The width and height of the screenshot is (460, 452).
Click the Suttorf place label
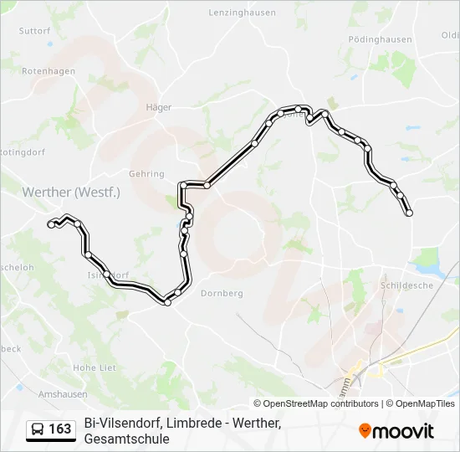pos(35,31)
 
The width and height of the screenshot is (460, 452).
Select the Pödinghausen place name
pos(380,39)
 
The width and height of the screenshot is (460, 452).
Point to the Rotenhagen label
pos(49,72)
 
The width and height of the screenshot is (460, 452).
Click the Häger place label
pos(158,107)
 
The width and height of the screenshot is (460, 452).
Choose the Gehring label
pos(146,173)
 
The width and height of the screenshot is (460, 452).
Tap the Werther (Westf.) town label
pos(72,192)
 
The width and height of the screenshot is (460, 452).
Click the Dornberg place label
pos(221,294)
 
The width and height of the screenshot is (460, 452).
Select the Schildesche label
pos(407,285)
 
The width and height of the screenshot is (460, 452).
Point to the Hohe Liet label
pos(95,367)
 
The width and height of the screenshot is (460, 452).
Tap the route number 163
pos(60,429)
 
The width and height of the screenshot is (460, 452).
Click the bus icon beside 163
pos(38,429)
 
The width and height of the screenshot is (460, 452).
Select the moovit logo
pos(396,431)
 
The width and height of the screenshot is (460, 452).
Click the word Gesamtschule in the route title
pos(126,439)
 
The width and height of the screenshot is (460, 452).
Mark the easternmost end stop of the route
pos(409,213)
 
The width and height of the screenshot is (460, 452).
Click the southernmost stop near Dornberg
pos(167,302)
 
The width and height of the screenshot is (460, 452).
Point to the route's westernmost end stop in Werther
pos(52,224)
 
